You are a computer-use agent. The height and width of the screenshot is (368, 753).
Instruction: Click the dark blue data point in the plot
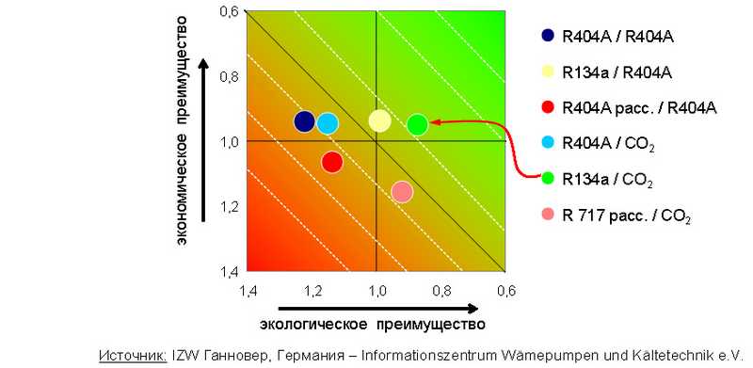[x=304, y=121]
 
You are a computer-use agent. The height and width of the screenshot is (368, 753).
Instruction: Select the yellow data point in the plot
[x=379, y=120]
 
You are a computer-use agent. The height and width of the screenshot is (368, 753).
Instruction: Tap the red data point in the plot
[x=331, y=162]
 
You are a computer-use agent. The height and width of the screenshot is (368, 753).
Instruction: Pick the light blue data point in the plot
[x=328, y=123]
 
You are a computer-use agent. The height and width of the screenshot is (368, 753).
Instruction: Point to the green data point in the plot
[x=418, y=124]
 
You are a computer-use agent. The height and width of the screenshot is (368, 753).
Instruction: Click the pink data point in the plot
[x=402, y=192]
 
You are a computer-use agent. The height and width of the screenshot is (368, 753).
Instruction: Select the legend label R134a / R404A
[x=617, y=72]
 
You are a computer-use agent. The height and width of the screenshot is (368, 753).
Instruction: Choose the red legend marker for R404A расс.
[x=547, y=108]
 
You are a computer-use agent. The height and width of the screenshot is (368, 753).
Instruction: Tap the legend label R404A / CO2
[x=607, y=145]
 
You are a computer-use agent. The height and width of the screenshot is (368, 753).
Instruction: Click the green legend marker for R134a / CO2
[x=547, y=179]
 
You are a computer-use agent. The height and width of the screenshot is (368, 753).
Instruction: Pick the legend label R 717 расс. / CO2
[x=626, y=216]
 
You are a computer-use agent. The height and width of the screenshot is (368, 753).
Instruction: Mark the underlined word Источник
[x=132, y=356]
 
